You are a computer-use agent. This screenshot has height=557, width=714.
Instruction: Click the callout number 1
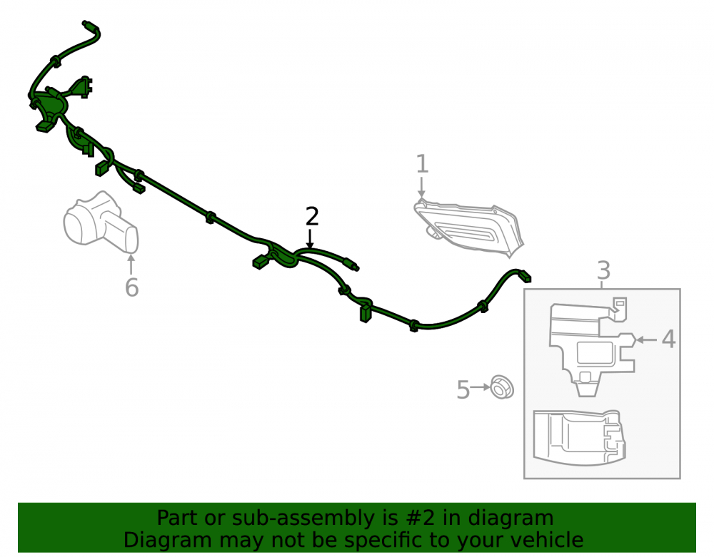pyautogui.click(x=422, y=164)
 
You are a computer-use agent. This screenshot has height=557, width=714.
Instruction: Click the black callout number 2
pyautogui.click(x=312, y=216)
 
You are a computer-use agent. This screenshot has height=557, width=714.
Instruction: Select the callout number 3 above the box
pyautogui.click(x=603, y=270)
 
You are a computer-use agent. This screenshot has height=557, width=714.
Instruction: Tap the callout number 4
pyautogui.click(x=668, y=339)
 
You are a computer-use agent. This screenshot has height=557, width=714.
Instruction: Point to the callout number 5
pyautogui.click(x=463, y=389)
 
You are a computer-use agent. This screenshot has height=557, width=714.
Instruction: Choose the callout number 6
pyautogui.click(x=131, y=287)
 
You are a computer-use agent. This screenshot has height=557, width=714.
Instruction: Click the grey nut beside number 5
pyautogui.click(x=501, y=387)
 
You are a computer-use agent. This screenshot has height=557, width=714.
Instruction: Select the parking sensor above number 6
pyautogui.click(x=101, y=222)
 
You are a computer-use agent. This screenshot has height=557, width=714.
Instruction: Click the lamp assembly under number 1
pyautogui.click(x=468, y=228)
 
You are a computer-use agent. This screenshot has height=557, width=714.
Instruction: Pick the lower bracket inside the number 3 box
pyautogui.click(x=579, y=438)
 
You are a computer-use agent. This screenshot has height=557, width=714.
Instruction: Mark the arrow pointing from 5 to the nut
pyautogui.click(x=480, y=387)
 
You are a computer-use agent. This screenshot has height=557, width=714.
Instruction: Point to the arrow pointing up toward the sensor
pyautogui.click(x=131, y=265)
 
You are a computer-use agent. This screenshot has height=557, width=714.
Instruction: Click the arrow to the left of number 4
pyautogui.click(x=647, y=339)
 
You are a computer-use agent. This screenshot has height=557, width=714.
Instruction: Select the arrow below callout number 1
pyautogui.click(x=422, y=188)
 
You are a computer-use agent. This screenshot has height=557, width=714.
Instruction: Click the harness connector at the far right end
pyautogui.click(x=525, y=275)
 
